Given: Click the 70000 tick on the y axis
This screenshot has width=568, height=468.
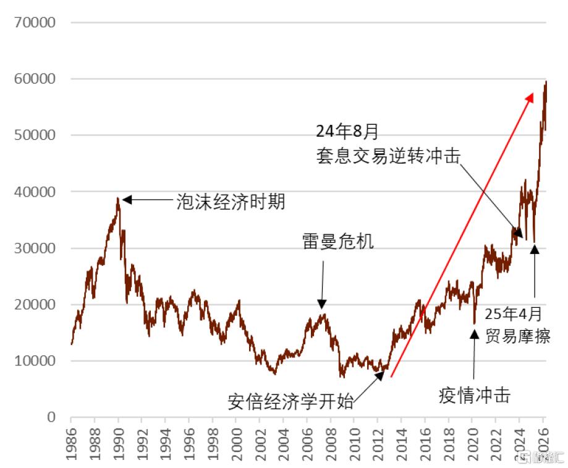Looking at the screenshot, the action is tap(35, 22).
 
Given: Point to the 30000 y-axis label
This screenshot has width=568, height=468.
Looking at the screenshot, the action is tap(35, 249).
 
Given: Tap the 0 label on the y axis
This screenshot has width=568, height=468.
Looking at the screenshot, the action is tap(51, 417).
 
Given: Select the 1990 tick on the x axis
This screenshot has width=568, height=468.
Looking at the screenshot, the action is tap(119, 444).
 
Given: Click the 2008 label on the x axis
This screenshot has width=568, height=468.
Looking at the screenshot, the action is tap(331, 444).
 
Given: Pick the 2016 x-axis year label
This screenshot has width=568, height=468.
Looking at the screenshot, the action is tap(425, 444).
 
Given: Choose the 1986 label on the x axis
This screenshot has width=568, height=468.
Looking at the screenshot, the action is tap(71, 444).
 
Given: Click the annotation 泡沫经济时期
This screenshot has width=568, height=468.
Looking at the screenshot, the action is tap(231, 202).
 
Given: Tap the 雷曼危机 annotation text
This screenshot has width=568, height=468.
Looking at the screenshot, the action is tap(338, 241).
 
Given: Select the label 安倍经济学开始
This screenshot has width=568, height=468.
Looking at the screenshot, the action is tap(290, 402).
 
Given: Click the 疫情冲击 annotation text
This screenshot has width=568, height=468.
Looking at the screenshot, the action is tap(475, 395).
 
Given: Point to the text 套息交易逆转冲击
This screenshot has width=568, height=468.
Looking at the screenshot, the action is tap(388, 156).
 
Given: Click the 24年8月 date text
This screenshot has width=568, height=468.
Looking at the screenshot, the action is tap(347, 131).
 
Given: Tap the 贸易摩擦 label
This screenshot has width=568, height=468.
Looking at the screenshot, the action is tap(518, 336).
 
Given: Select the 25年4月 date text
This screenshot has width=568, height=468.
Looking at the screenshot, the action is tap(513, 313).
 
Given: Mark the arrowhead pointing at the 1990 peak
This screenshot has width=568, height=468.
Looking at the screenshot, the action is tap(127, 200).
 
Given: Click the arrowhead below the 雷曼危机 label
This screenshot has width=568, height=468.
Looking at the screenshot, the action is tap(321, 304).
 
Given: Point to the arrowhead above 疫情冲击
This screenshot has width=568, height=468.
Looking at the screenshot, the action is tap(474, 334).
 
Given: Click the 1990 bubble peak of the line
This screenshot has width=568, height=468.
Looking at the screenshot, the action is tap(117, 198).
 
